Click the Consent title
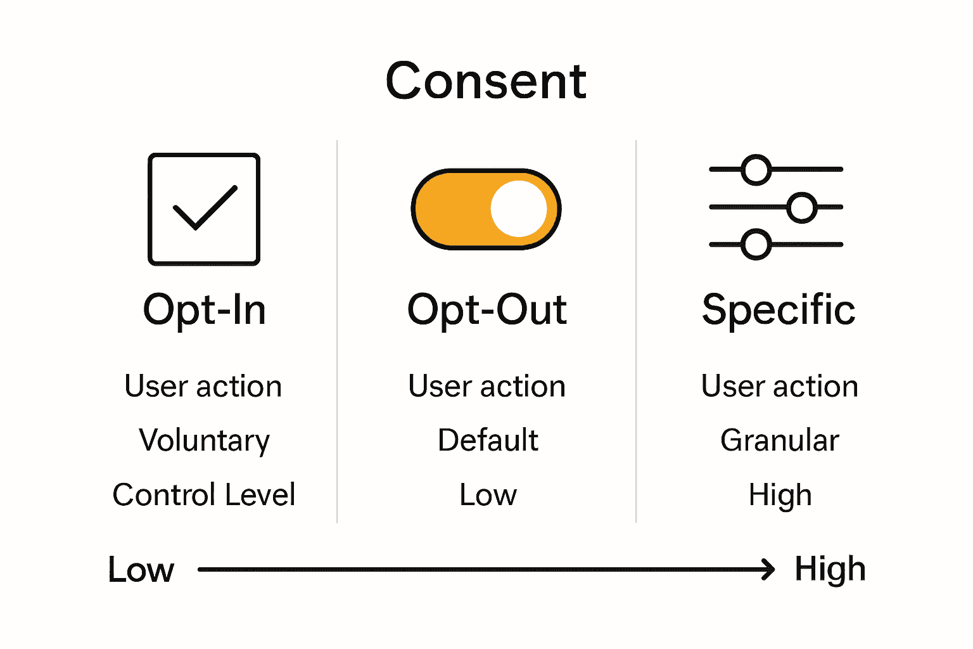486,82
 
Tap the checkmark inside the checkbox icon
205,208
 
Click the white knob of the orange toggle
519,209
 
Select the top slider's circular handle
756,170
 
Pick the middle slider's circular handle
802,207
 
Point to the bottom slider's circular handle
756,245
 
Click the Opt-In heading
204,311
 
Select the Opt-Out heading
486,311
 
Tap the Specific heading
779,311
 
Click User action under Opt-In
203,387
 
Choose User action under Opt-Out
486,387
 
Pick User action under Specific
779,387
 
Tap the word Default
488,440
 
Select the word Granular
779,440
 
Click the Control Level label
203,495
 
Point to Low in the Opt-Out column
488,495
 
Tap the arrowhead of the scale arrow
769,569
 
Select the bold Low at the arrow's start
141,570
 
